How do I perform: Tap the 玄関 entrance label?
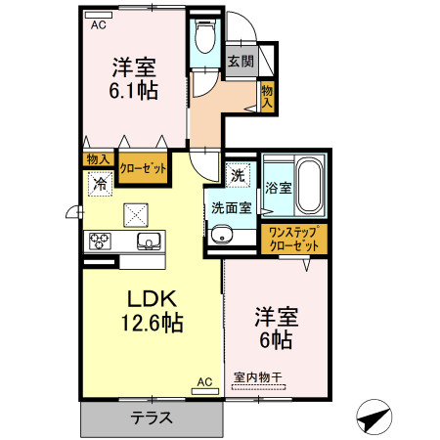click(241, 61)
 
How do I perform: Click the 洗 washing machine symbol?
click(238, 176)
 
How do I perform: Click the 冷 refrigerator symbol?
click(99, 183)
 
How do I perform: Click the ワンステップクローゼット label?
click(294, 239)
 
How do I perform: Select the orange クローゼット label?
click(142, 166)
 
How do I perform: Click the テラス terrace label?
click(153, 418)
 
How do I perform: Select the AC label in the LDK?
click(204, 381)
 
